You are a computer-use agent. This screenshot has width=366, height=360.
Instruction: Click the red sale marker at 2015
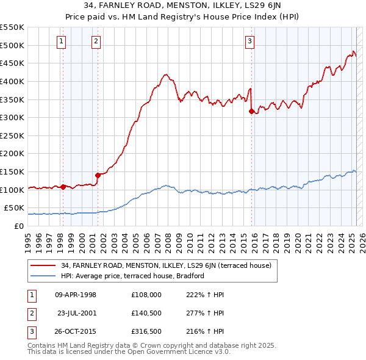point(251,111)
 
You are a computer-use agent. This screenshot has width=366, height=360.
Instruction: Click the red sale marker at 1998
point(63,187)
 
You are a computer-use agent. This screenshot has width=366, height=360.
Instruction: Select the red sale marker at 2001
point(98,175)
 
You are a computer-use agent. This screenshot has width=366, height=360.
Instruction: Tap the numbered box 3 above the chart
point(249,41)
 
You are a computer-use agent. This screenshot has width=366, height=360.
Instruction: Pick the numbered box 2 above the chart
point(96,41)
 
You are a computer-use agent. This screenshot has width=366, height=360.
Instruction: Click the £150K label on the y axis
point(12,171)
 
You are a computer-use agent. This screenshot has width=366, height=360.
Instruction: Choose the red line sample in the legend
point(43,265)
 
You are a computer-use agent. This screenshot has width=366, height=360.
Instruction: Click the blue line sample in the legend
point(43,276)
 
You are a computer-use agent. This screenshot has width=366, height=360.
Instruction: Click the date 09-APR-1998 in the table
point(76,295)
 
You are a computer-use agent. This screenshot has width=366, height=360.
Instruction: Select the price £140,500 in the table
point(146,313)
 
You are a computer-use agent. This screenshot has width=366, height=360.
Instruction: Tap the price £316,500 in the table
point(146,332)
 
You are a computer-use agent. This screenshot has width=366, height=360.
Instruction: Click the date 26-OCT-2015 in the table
point(76,332)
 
